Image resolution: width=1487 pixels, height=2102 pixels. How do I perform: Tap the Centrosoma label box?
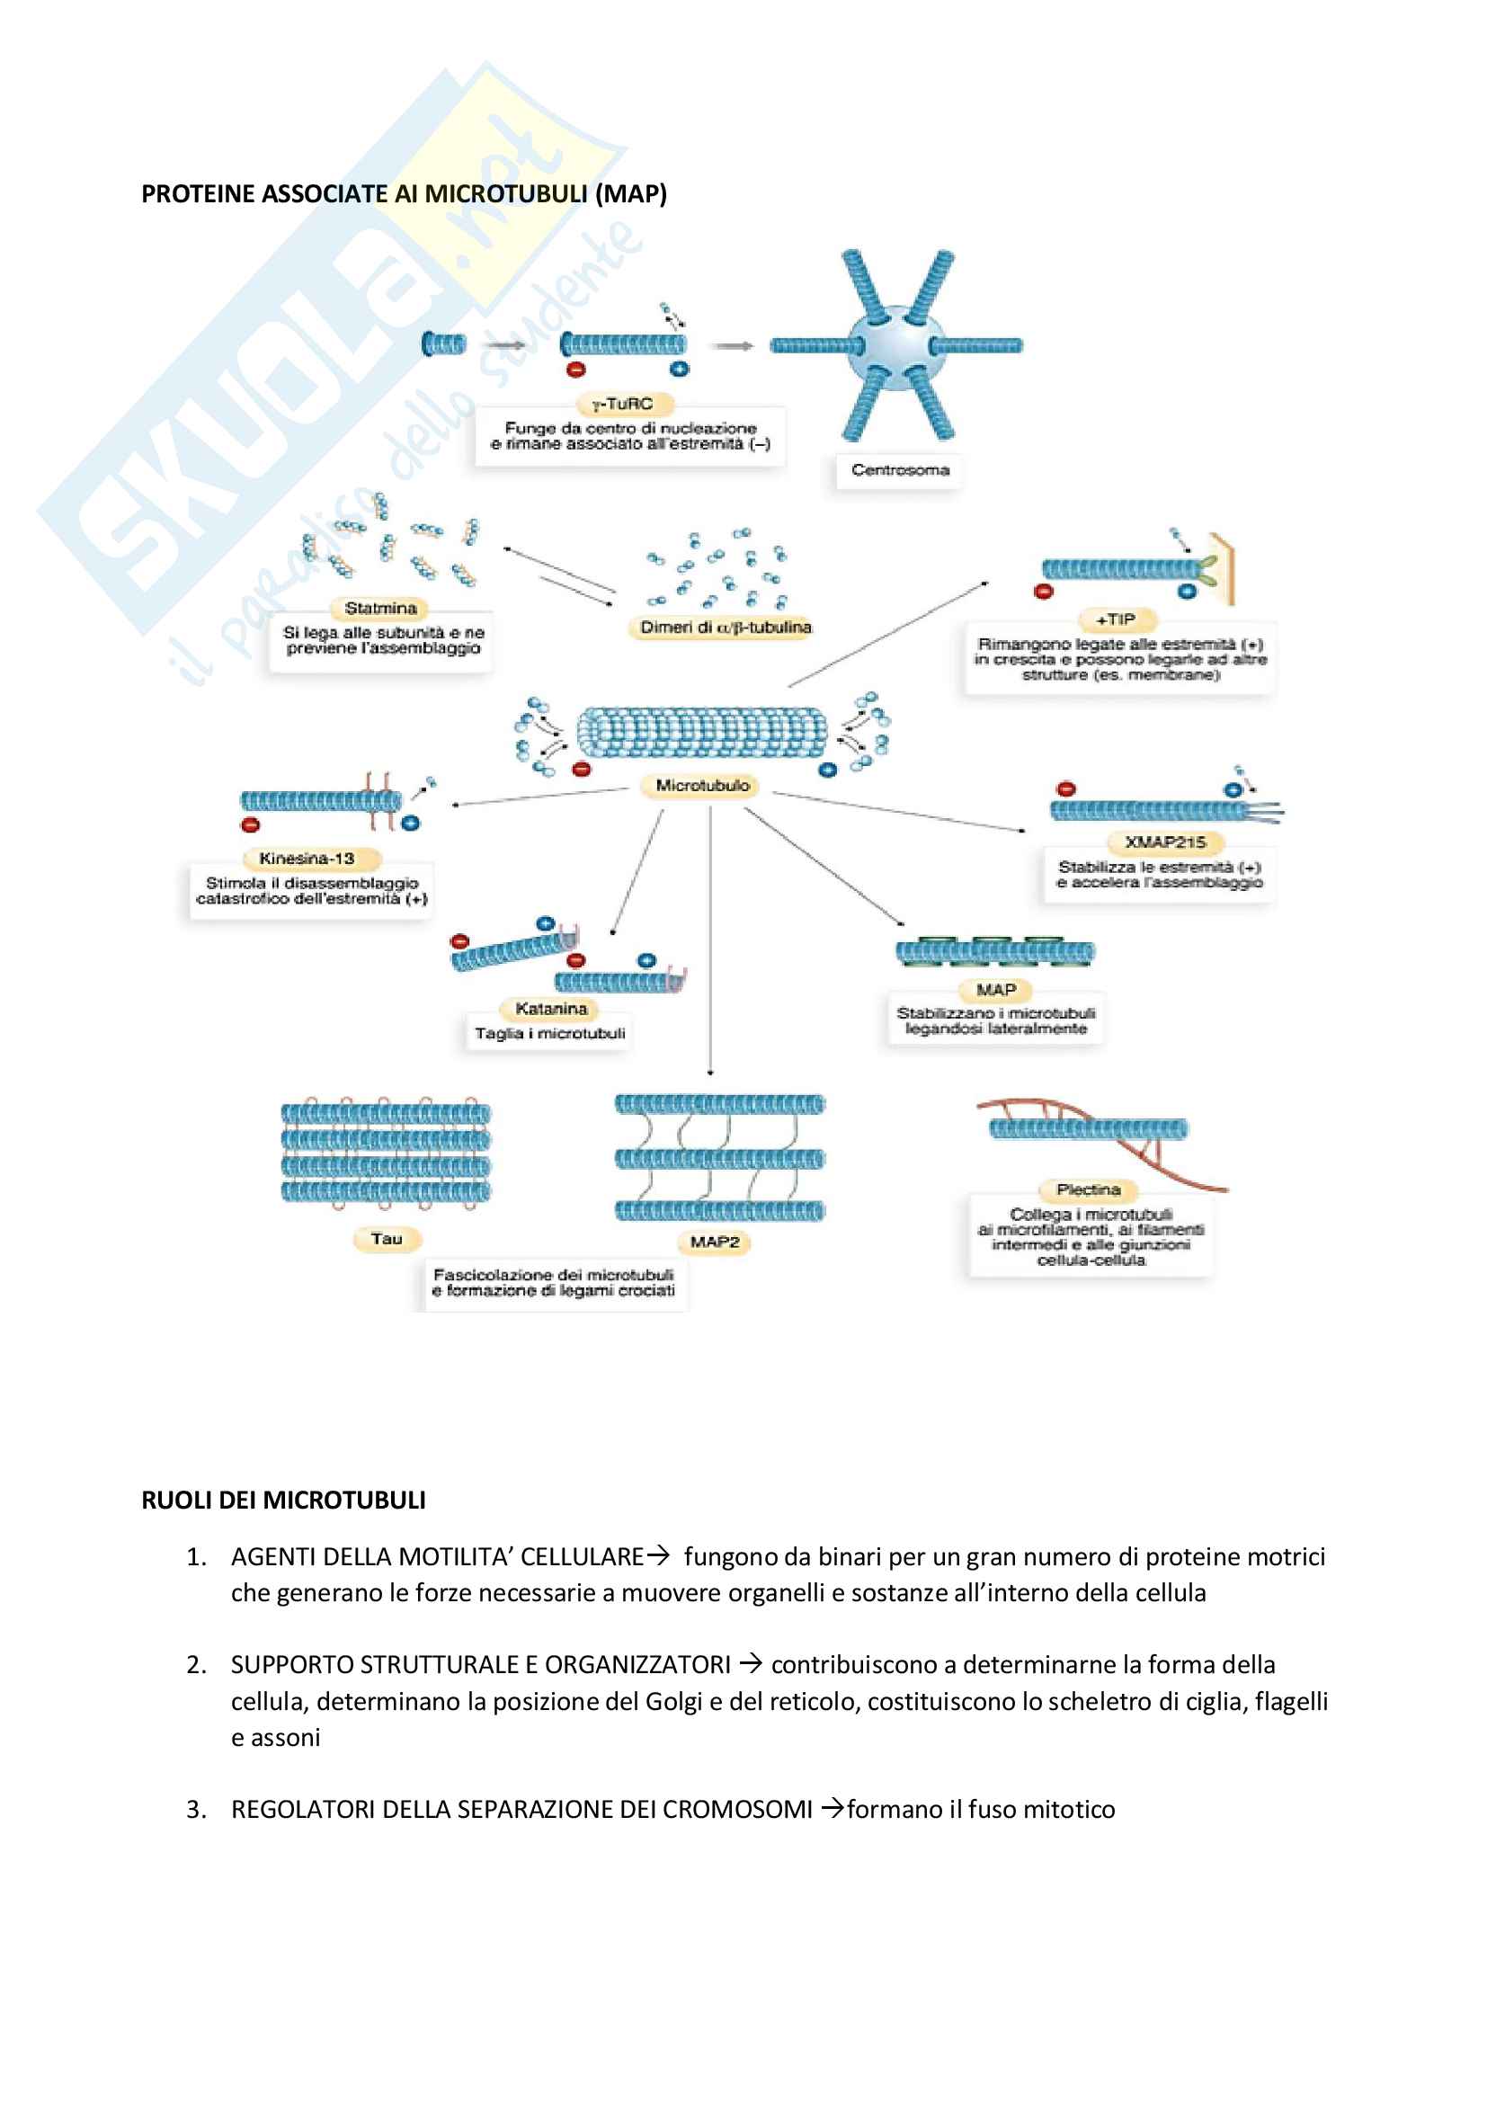point(899,470)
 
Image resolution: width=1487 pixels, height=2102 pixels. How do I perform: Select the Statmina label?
point(380,608)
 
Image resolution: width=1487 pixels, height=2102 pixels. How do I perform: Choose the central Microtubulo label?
point(702,786)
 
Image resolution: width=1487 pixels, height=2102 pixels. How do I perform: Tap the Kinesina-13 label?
point(306,859)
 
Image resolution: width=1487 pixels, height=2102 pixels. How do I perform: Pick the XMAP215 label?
point(1164,842)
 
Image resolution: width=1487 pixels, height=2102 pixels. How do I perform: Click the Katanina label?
point(550,1009)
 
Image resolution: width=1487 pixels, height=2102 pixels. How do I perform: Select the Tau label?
point(387,1240)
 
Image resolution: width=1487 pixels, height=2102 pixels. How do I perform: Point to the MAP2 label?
point(714,1242)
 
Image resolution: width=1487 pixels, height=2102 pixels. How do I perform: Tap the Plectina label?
point(1088,1190)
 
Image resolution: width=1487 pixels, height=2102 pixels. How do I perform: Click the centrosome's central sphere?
point(896,346)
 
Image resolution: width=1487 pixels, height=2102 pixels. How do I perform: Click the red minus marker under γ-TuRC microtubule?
point(576,370)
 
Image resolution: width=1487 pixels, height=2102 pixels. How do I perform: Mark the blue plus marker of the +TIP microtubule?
point(1187,592)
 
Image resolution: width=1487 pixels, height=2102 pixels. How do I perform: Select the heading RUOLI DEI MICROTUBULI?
point(283,1501)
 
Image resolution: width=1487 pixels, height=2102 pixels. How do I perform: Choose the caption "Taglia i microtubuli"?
point(549,1034)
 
